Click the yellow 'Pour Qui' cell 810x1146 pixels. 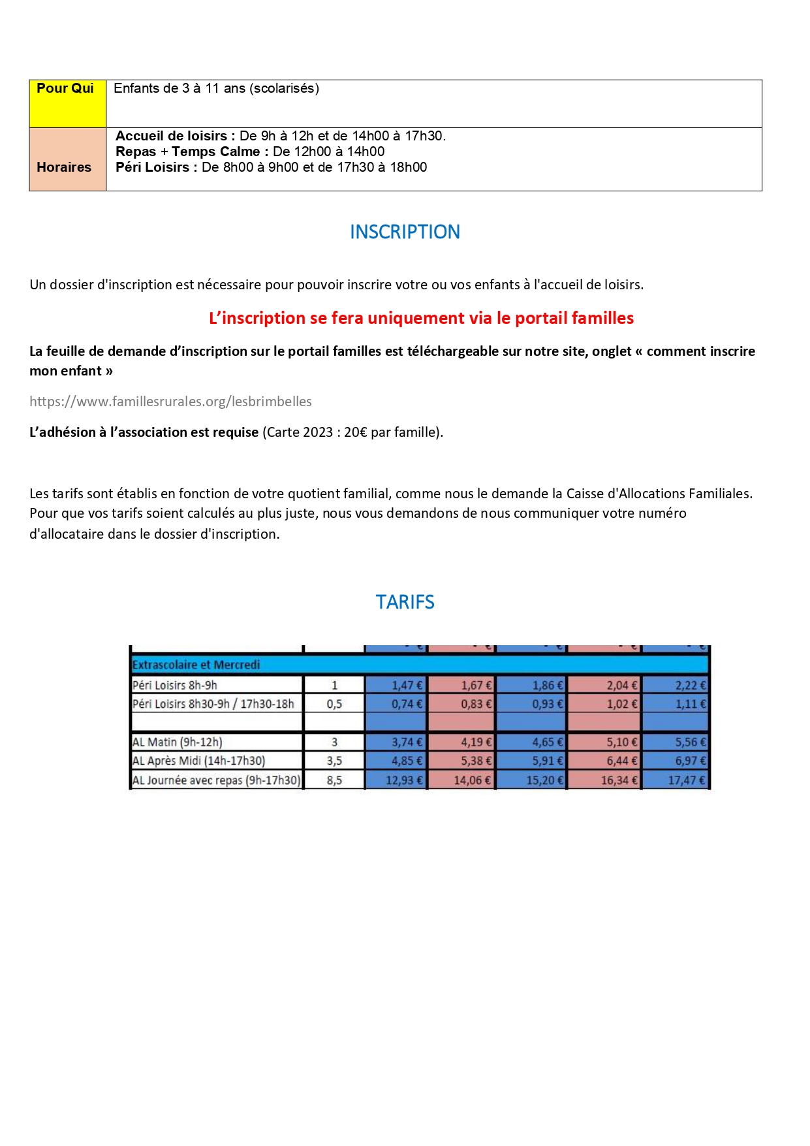pos(67,103)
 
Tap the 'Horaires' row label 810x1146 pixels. pos(64,167)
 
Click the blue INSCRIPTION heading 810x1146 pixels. pos(405,232)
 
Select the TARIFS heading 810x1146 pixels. pos(405,601)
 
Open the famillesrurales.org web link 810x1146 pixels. pos(170,402)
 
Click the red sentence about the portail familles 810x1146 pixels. pos(421,318)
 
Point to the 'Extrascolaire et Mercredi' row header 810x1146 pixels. pos(196,665)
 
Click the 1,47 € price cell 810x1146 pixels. pos(396,685)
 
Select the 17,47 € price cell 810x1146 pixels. pos(676,780)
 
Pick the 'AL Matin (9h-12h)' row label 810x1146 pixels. pos(178,742)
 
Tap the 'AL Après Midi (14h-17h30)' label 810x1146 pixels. pos(199,761)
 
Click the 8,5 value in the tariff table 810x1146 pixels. pos(334,780)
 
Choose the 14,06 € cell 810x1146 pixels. pos(461,780)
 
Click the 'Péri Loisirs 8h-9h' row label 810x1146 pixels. pos(175,685)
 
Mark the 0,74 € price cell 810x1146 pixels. pos(396,704)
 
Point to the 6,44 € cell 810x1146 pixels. pos(604,761)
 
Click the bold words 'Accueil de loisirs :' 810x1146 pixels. pos(175,136)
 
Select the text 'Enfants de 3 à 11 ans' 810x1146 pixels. pos(179,89)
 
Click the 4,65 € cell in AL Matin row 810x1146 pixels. pos(531,742)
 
